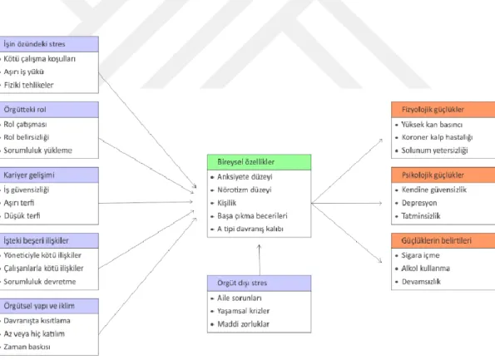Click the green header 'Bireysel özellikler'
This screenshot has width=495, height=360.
259,162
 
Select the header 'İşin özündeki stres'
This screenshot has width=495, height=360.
49,44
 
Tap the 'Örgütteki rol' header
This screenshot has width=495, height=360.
49,110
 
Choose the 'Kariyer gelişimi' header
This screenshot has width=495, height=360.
49,175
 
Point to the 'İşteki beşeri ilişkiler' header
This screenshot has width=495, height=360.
49,241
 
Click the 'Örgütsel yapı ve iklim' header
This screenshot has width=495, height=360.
49,306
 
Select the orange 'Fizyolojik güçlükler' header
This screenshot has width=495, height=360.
443,110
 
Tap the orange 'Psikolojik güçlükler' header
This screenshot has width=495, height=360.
443,175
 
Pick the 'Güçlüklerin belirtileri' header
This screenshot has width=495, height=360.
443,241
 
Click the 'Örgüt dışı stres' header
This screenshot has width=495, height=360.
259,283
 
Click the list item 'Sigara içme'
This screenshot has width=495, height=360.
420,255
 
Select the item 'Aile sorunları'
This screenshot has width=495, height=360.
240,298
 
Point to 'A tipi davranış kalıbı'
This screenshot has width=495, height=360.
250,229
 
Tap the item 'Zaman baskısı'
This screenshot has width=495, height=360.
27,347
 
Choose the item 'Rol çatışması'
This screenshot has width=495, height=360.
25,125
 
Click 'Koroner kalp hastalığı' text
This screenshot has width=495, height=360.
438,137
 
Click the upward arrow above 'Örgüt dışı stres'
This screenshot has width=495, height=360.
260,260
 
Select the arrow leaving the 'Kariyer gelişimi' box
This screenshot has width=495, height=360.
146,202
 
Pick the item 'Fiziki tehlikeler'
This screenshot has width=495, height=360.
29,85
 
